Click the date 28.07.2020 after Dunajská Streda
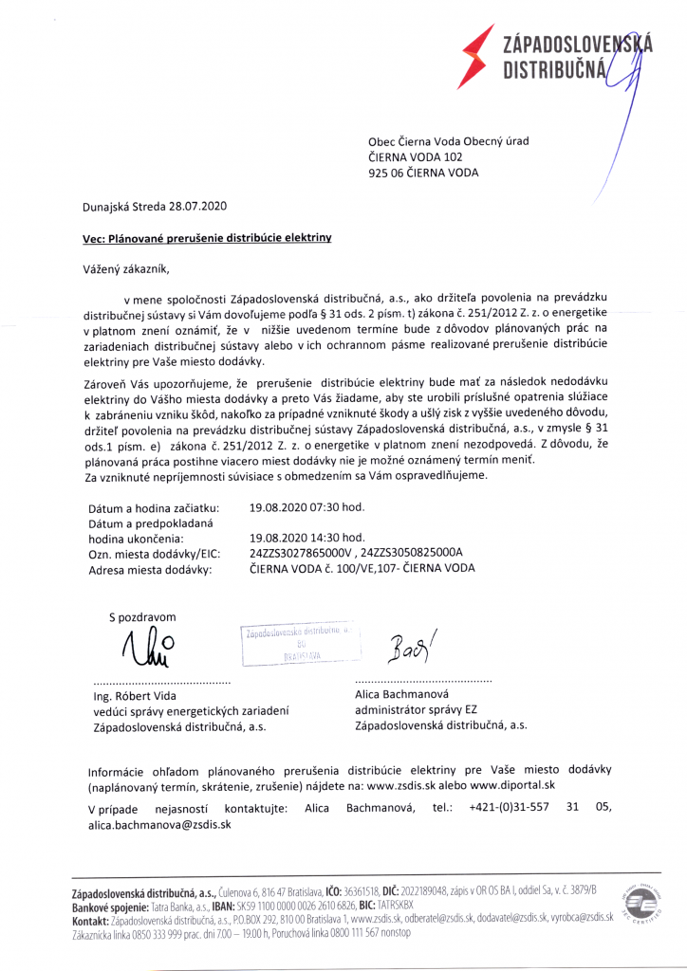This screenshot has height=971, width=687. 194,206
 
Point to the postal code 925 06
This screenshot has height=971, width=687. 385,173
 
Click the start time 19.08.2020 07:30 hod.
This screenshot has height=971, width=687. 306,507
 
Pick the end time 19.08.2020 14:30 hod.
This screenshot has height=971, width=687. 306,537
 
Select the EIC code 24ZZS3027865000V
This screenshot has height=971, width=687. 300,552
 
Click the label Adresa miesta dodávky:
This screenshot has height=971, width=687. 150,570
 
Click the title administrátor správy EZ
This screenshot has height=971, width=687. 417,708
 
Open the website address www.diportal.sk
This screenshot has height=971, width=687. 512,785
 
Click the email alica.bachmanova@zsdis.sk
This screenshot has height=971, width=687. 159,824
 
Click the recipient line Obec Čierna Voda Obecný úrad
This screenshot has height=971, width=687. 449,141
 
